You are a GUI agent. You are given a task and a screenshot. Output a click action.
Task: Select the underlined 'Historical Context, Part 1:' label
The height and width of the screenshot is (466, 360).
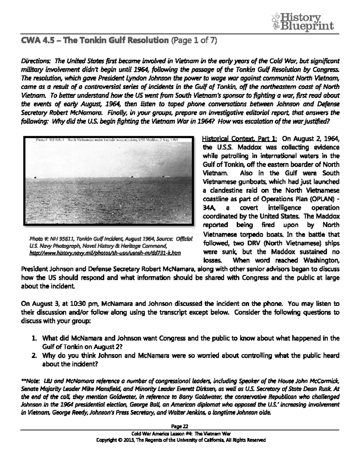pyautogui.click(x=240, y=139)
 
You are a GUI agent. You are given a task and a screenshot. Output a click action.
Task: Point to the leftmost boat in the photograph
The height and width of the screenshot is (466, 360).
pyautogui.click(x=36, y=177)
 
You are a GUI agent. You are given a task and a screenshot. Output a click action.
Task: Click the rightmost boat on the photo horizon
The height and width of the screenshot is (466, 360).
pyautogui.click(x=163, y=177)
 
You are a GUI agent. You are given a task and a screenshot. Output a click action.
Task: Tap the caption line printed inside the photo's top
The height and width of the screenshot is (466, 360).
pyautogui.click(x=107, y=140)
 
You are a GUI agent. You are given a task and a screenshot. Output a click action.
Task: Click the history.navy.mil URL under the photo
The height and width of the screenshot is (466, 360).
pyautogui.click(x=105, y=253)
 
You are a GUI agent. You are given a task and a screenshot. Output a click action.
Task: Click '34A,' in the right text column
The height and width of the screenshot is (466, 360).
pyautogui.click(x=209, y=208)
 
